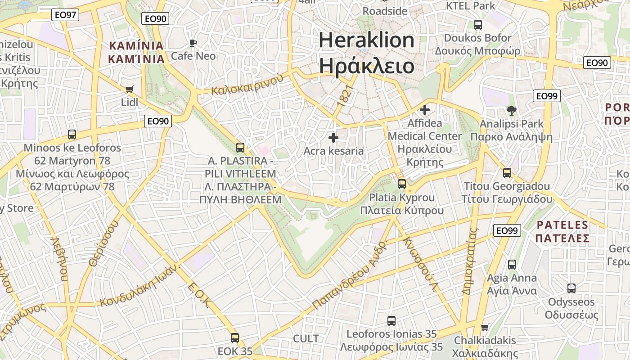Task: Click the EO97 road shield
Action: (65, 15)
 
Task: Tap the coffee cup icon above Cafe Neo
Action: (193, 43)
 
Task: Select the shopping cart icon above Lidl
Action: (130, 90)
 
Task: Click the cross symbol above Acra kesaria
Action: (333, 138)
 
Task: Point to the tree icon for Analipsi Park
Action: (511, 110)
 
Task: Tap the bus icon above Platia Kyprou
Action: (402, 184)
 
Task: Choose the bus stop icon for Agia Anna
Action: (512, 265)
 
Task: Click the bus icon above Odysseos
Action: (571, 288)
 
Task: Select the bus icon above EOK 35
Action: (235, 338)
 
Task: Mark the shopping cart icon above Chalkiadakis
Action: (485, 327)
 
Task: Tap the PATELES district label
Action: (562, 225)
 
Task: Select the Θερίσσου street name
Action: (104, 243)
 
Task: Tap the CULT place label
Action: (306, 338)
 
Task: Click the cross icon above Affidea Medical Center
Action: (424, 110)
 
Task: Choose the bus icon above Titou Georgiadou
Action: (507, 173)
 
